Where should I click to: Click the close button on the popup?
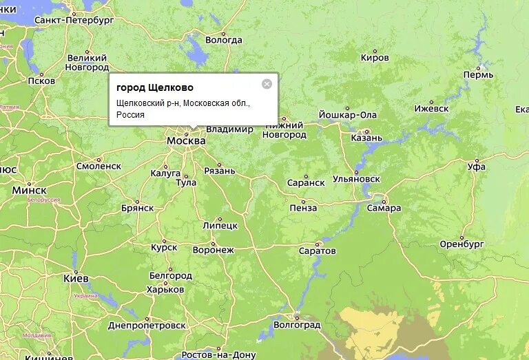tap(267, 84)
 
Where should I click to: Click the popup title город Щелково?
tap(155, 87)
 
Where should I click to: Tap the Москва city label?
tap(186, 140)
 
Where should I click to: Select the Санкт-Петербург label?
tap(74, 21)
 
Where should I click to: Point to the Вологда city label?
tap(224, 41)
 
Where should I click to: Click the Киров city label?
tap(375, 58)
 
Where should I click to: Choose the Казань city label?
tap(366, 138)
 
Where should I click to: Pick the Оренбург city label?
tap(462, 244)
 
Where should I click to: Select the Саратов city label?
tap(318, 251)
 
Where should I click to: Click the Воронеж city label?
tap(214, 250)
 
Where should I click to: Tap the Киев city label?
tap(76, 278)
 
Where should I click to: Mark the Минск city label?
tap(30, 190)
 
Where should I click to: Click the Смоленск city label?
tap(98, 166)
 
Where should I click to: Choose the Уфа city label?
tap(476, 167)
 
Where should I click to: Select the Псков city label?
tap(41, 81)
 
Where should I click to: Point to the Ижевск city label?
tap(431, 109)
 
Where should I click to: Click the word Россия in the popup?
tap(130, 115)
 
